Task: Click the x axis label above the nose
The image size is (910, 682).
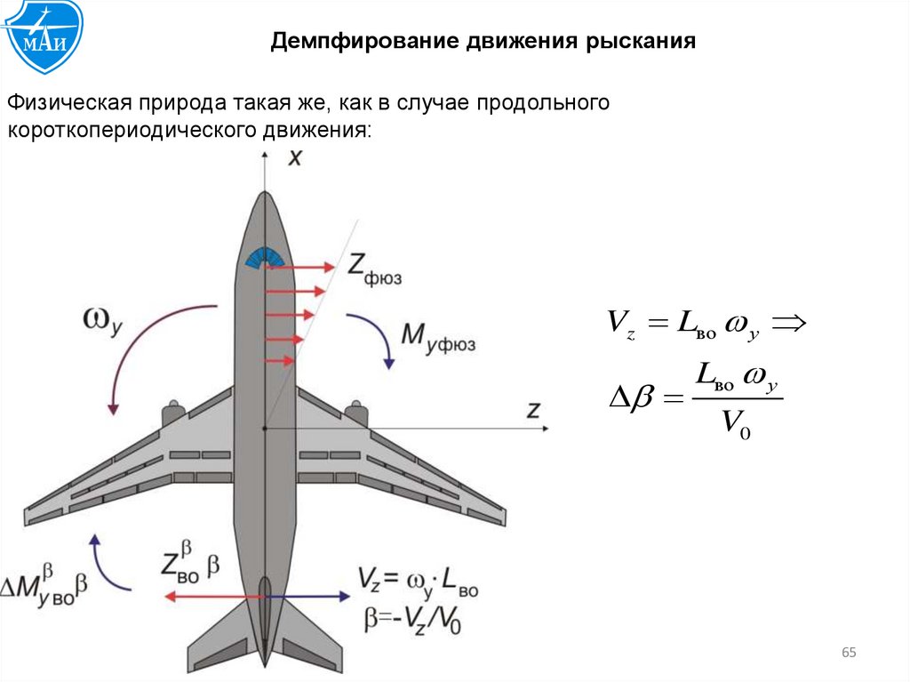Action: [295, 158]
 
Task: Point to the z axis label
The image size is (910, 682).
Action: [534, 409]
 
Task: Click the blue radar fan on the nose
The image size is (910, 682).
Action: [265, 257]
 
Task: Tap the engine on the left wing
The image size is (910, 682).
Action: [173, 413]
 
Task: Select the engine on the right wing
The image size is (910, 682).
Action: [356, 413]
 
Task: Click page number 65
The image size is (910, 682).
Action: [848, 654]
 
